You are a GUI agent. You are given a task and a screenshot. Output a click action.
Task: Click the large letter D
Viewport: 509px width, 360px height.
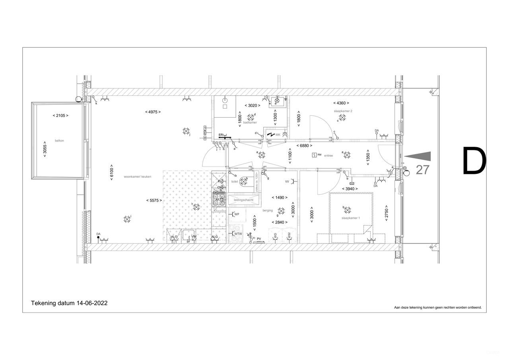click(474, 161)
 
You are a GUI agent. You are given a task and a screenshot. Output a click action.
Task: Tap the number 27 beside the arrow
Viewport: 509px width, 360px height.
click(422, 170)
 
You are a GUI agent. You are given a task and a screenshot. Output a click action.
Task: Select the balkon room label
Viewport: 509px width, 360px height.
click(59, 141)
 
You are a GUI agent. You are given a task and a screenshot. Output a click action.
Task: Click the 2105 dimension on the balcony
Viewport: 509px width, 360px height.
click(60, 115)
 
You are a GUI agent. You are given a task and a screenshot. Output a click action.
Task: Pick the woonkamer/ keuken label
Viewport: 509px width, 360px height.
click(138, 176)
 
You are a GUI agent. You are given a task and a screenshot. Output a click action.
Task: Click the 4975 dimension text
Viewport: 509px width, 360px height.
click(153, 112)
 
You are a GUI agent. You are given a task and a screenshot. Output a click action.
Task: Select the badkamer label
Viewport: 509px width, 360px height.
click(250, 123)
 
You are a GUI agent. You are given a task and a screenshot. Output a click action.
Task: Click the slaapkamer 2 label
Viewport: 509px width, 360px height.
click(343, 111)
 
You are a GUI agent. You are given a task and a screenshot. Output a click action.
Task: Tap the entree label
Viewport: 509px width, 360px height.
click(328, 156)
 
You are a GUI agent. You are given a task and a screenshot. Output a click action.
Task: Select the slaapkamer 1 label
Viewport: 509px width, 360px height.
click(350, 218)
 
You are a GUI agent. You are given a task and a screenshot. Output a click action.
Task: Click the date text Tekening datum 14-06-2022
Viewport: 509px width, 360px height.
click(69, 303)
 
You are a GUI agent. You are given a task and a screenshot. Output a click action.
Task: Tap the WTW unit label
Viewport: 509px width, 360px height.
click(238, 234)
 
